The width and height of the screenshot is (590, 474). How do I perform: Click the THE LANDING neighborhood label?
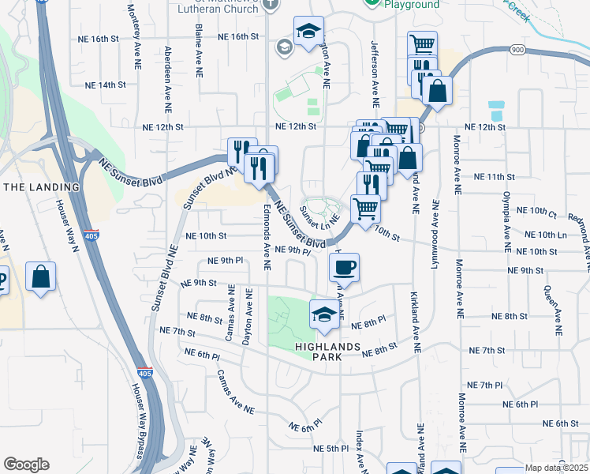point(42,186)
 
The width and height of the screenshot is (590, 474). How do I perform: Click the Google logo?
point(26,464)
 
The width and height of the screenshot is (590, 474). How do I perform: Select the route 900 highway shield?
point(517,49)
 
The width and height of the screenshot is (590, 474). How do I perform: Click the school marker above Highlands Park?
point(324,314)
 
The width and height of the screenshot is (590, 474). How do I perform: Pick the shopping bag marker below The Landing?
point(40,277)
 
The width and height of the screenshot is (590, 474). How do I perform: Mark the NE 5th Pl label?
point(330,448)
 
